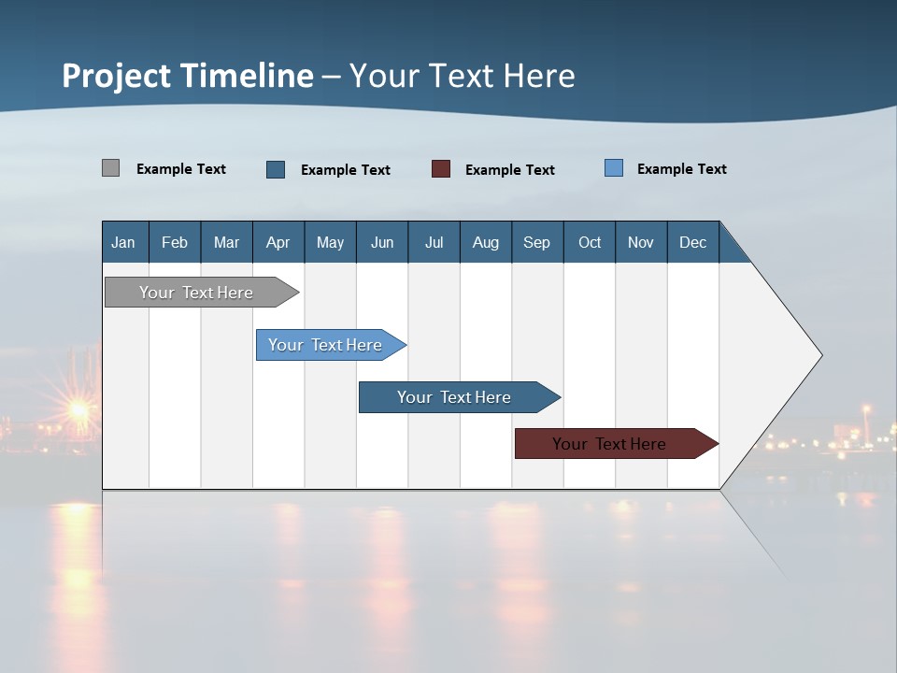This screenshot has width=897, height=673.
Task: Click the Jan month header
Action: click(x=123, y=242)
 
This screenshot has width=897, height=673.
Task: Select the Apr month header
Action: click(x=278, y=242)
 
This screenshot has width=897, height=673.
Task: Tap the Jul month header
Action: click(x=434, y=242)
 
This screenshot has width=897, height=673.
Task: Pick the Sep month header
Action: click(x=536, y=242)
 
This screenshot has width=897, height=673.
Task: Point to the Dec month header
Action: click(x=692, y=242)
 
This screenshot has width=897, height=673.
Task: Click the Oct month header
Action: click(x=590, y=242)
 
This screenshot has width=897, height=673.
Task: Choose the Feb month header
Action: click(x=175, y=242)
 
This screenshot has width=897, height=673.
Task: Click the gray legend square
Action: click(x=110, y=168)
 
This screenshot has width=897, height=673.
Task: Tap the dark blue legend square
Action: click(x=276, y=169)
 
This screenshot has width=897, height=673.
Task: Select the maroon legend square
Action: click(x=441, y=169)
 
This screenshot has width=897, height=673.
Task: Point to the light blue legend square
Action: click(x=614, y=168)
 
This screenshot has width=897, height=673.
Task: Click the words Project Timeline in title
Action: click(x=188, y=76)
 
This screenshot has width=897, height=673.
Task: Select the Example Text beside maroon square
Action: click(x=509, y=170)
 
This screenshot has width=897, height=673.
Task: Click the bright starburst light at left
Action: click(x=78, y=409)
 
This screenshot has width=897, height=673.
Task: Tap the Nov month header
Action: click(x=641, y=242)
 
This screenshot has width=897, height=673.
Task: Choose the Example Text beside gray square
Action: click(x=180, y=169)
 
